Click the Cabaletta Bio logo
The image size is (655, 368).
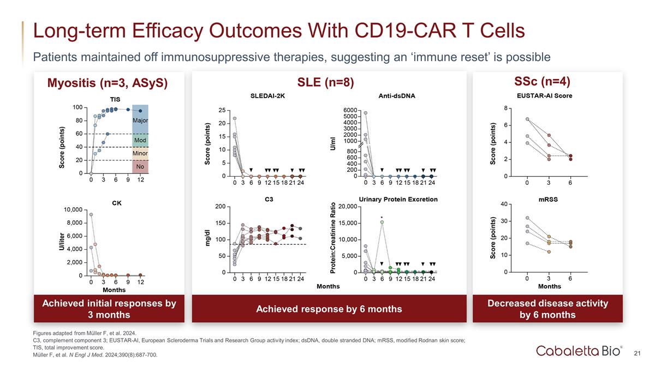(578, 350)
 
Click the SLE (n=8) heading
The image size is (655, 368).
(326, 82)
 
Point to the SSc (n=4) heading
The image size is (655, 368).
(550, 81)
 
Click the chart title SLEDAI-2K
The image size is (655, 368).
(267, 96)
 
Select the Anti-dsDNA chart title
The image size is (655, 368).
(397, 96)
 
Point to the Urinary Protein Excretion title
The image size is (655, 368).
(398, 199)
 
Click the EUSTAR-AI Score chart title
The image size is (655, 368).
(550, 96)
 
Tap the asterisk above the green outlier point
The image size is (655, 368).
(382, 216)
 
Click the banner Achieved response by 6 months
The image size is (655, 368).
(329, 309)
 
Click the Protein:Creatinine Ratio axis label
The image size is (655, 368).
(334, 239)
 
